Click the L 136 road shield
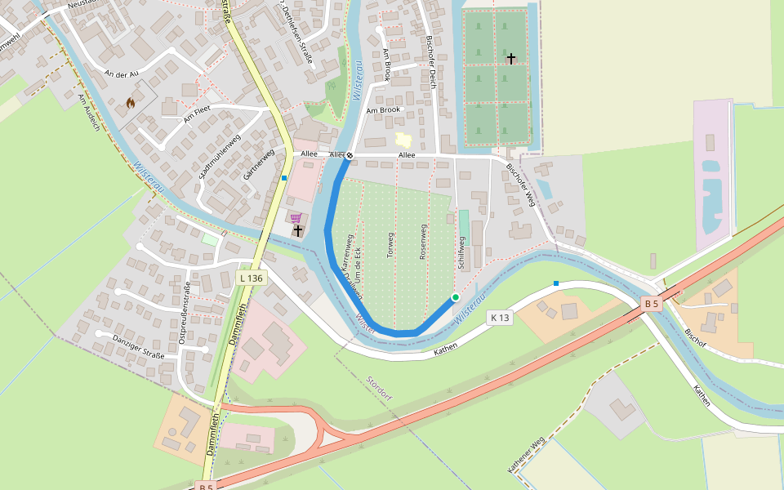251,278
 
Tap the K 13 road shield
500,317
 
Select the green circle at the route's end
455,297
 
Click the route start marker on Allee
350,154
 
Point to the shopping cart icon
296,218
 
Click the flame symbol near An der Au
130,103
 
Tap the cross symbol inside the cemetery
511,58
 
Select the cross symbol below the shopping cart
298,231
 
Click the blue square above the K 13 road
556,283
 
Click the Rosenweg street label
423,242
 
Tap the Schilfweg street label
461,253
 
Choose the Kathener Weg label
526,456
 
